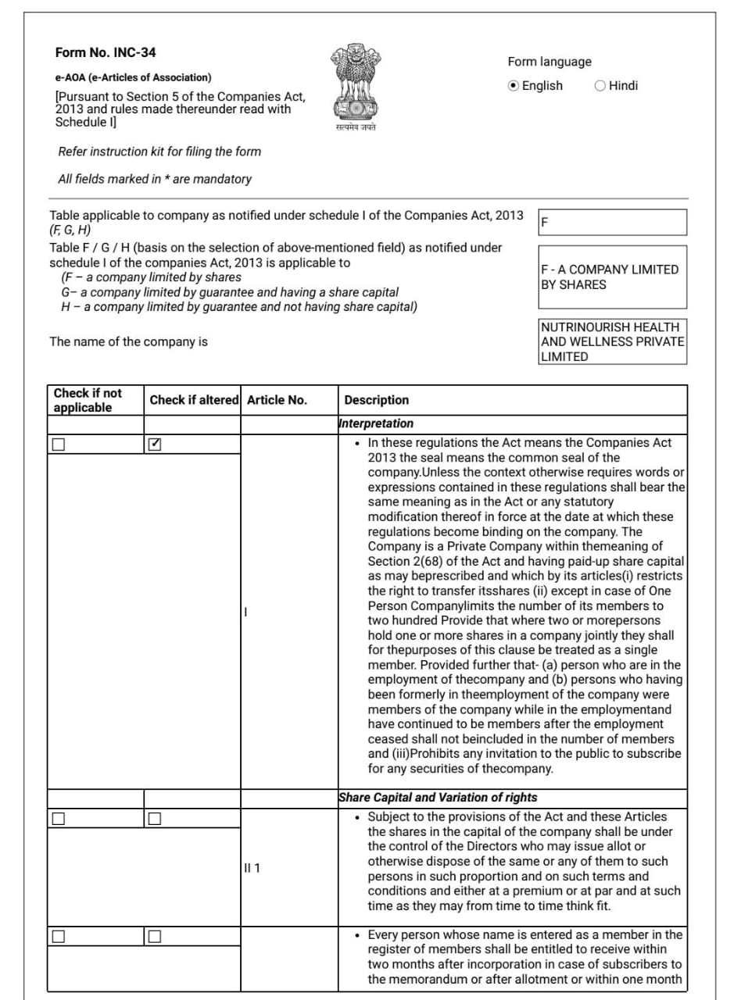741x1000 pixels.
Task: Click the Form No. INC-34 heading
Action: pos(106,53)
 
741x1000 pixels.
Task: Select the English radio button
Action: pos(513,86)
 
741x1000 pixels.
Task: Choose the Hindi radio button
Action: pos(600,86)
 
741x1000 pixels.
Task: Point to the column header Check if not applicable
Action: pos(88,400)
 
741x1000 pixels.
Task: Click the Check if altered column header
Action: pos(194,400)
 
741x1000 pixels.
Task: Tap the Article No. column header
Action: pos(277,400)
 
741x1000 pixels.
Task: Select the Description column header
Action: pos(377,400)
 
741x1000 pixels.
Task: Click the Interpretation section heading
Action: pos(376,423)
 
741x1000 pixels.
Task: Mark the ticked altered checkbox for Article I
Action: pos(155,445)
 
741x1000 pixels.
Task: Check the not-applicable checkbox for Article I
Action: pos(59,445)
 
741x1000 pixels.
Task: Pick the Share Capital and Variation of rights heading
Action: pos(438,798)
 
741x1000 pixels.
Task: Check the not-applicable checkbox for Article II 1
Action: pos(59,819)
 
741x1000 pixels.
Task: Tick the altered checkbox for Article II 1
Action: pos(155,819)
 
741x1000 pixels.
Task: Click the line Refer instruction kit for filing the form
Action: pos(159,152)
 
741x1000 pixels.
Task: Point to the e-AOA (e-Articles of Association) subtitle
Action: pos(133,77)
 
